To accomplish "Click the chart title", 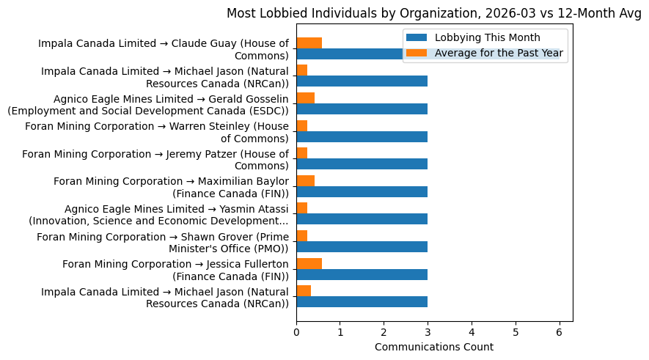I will tap(433, 12).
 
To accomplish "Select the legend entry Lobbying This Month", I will tap(487, 38).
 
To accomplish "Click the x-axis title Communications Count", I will tap(433, 347).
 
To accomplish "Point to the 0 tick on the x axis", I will tap(296, 331).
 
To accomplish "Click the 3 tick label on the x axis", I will tap(428, 331).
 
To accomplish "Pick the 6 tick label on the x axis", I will tap(560, 331).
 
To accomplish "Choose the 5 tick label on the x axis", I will tap(516, 331).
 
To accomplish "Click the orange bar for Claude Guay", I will tap(309, 43).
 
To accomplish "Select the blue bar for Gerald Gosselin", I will tap(362, 109).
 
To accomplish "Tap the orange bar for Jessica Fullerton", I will tap(309, 263).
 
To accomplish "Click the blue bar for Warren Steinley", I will tap(362, 136).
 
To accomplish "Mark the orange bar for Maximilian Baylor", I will tap(305, 180).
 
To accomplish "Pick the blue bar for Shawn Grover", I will tap(362, 247).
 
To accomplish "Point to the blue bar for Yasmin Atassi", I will tap(362, 219).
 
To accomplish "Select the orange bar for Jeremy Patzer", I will tap(301, 153).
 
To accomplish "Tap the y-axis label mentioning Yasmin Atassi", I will tap(158, 215).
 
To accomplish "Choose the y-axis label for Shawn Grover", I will tap(162, 243).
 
